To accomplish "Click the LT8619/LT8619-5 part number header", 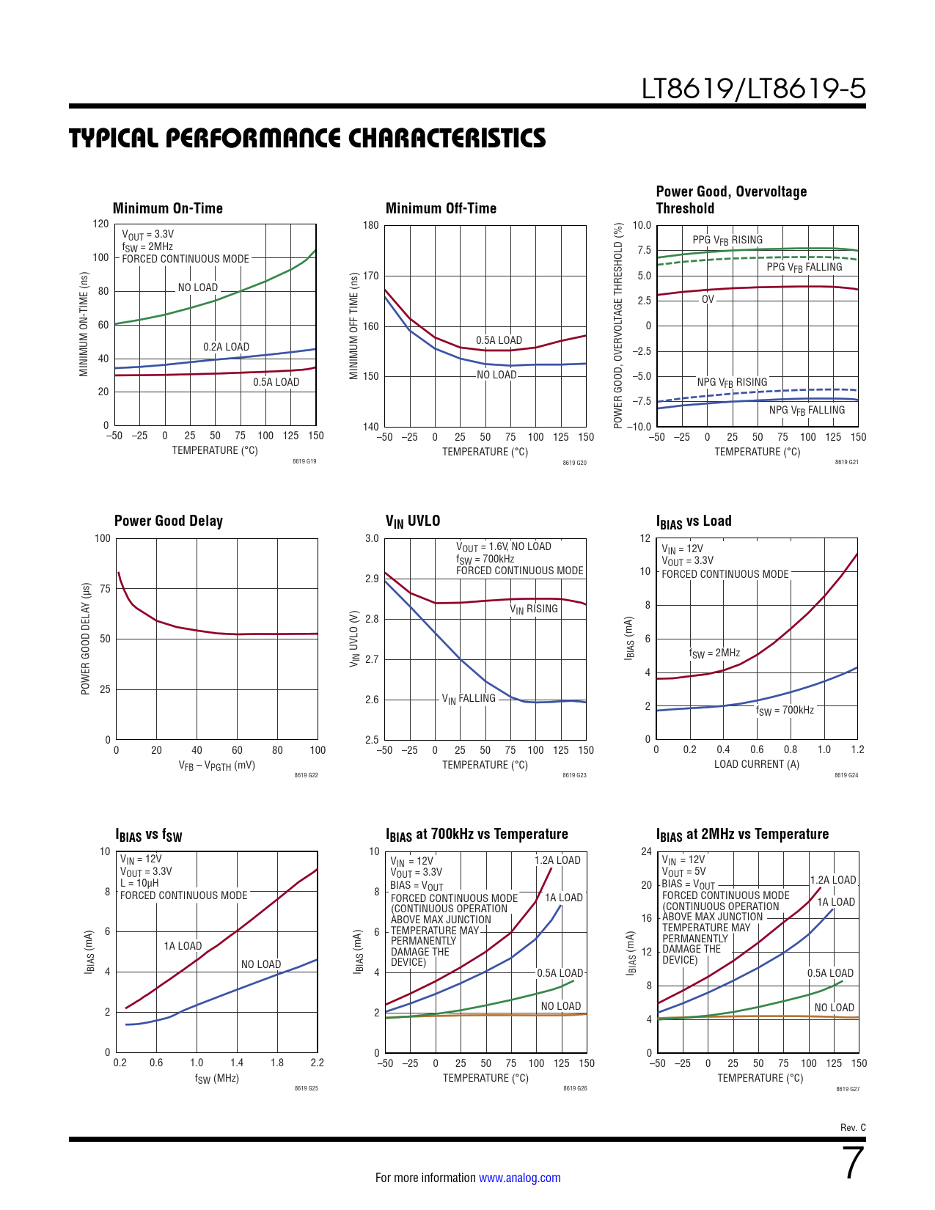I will (753, 89).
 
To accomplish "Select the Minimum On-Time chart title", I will (167, 208).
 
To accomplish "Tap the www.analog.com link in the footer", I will (519, 1178).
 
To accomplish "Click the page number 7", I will (854, 1163).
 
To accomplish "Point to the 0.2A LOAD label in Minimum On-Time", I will (226, 347).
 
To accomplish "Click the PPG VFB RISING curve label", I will (727, 240).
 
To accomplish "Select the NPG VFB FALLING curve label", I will (807, 410).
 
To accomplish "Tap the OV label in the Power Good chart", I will (708, 299).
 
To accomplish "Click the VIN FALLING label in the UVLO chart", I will (469, 698).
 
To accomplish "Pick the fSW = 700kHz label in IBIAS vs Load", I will (785, 710).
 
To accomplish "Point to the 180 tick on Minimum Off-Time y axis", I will (371, 225).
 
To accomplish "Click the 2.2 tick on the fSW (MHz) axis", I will (318, 1063).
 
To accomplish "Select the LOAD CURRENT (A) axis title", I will (757, 764).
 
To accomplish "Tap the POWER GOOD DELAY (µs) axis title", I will (85, 639).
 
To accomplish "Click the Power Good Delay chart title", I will (169, 521).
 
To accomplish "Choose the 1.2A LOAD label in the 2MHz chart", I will (833, 880).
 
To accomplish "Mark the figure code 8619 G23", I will (574, 775).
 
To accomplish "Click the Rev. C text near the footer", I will (853, 1128).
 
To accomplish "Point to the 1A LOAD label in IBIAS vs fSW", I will (183, 946).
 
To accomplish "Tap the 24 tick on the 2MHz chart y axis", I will (646, 851).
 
